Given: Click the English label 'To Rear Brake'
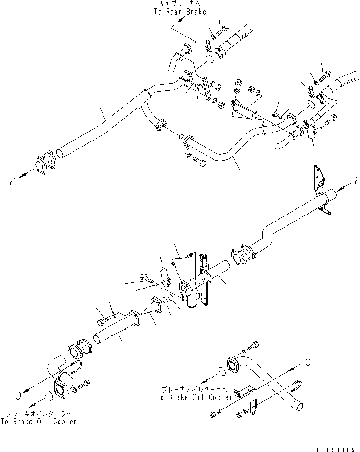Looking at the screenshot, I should pyautogui.click(x=179, y=12).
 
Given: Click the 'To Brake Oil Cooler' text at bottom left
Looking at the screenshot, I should pyautogui.click(x=39, y=422).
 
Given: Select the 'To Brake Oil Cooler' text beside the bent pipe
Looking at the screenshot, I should pyautogui.click(x=194, y=397).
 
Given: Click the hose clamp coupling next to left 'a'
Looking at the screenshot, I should pyautogui.click(x=44, y=164).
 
